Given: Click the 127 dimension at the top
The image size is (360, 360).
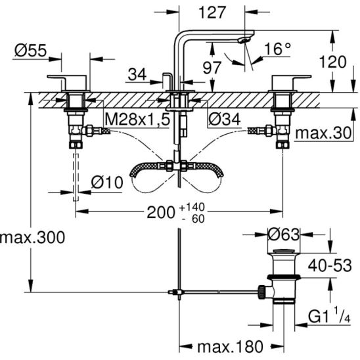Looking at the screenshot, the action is (x=212, y=12).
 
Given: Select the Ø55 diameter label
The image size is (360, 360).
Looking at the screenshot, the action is (x=30, y=51).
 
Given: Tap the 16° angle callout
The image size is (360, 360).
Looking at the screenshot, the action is (x=278, y=49).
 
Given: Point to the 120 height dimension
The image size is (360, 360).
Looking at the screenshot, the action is (x=332, y=62).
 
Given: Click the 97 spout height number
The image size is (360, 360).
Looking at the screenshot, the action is (x=212, y=68).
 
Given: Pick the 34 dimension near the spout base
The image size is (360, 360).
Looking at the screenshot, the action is (x=137, y=74).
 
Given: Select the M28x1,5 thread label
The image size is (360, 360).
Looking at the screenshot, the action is (x=137, y=120).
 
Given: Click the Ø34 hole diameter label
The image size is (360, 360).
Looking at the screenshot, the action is (x=225, y=119).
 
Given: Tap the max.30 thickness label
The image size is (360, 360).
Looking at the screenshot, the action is (x=323, y=133).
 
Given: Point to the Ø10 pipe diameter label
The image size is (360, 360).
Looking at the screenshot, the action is (x=107, y=183).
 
